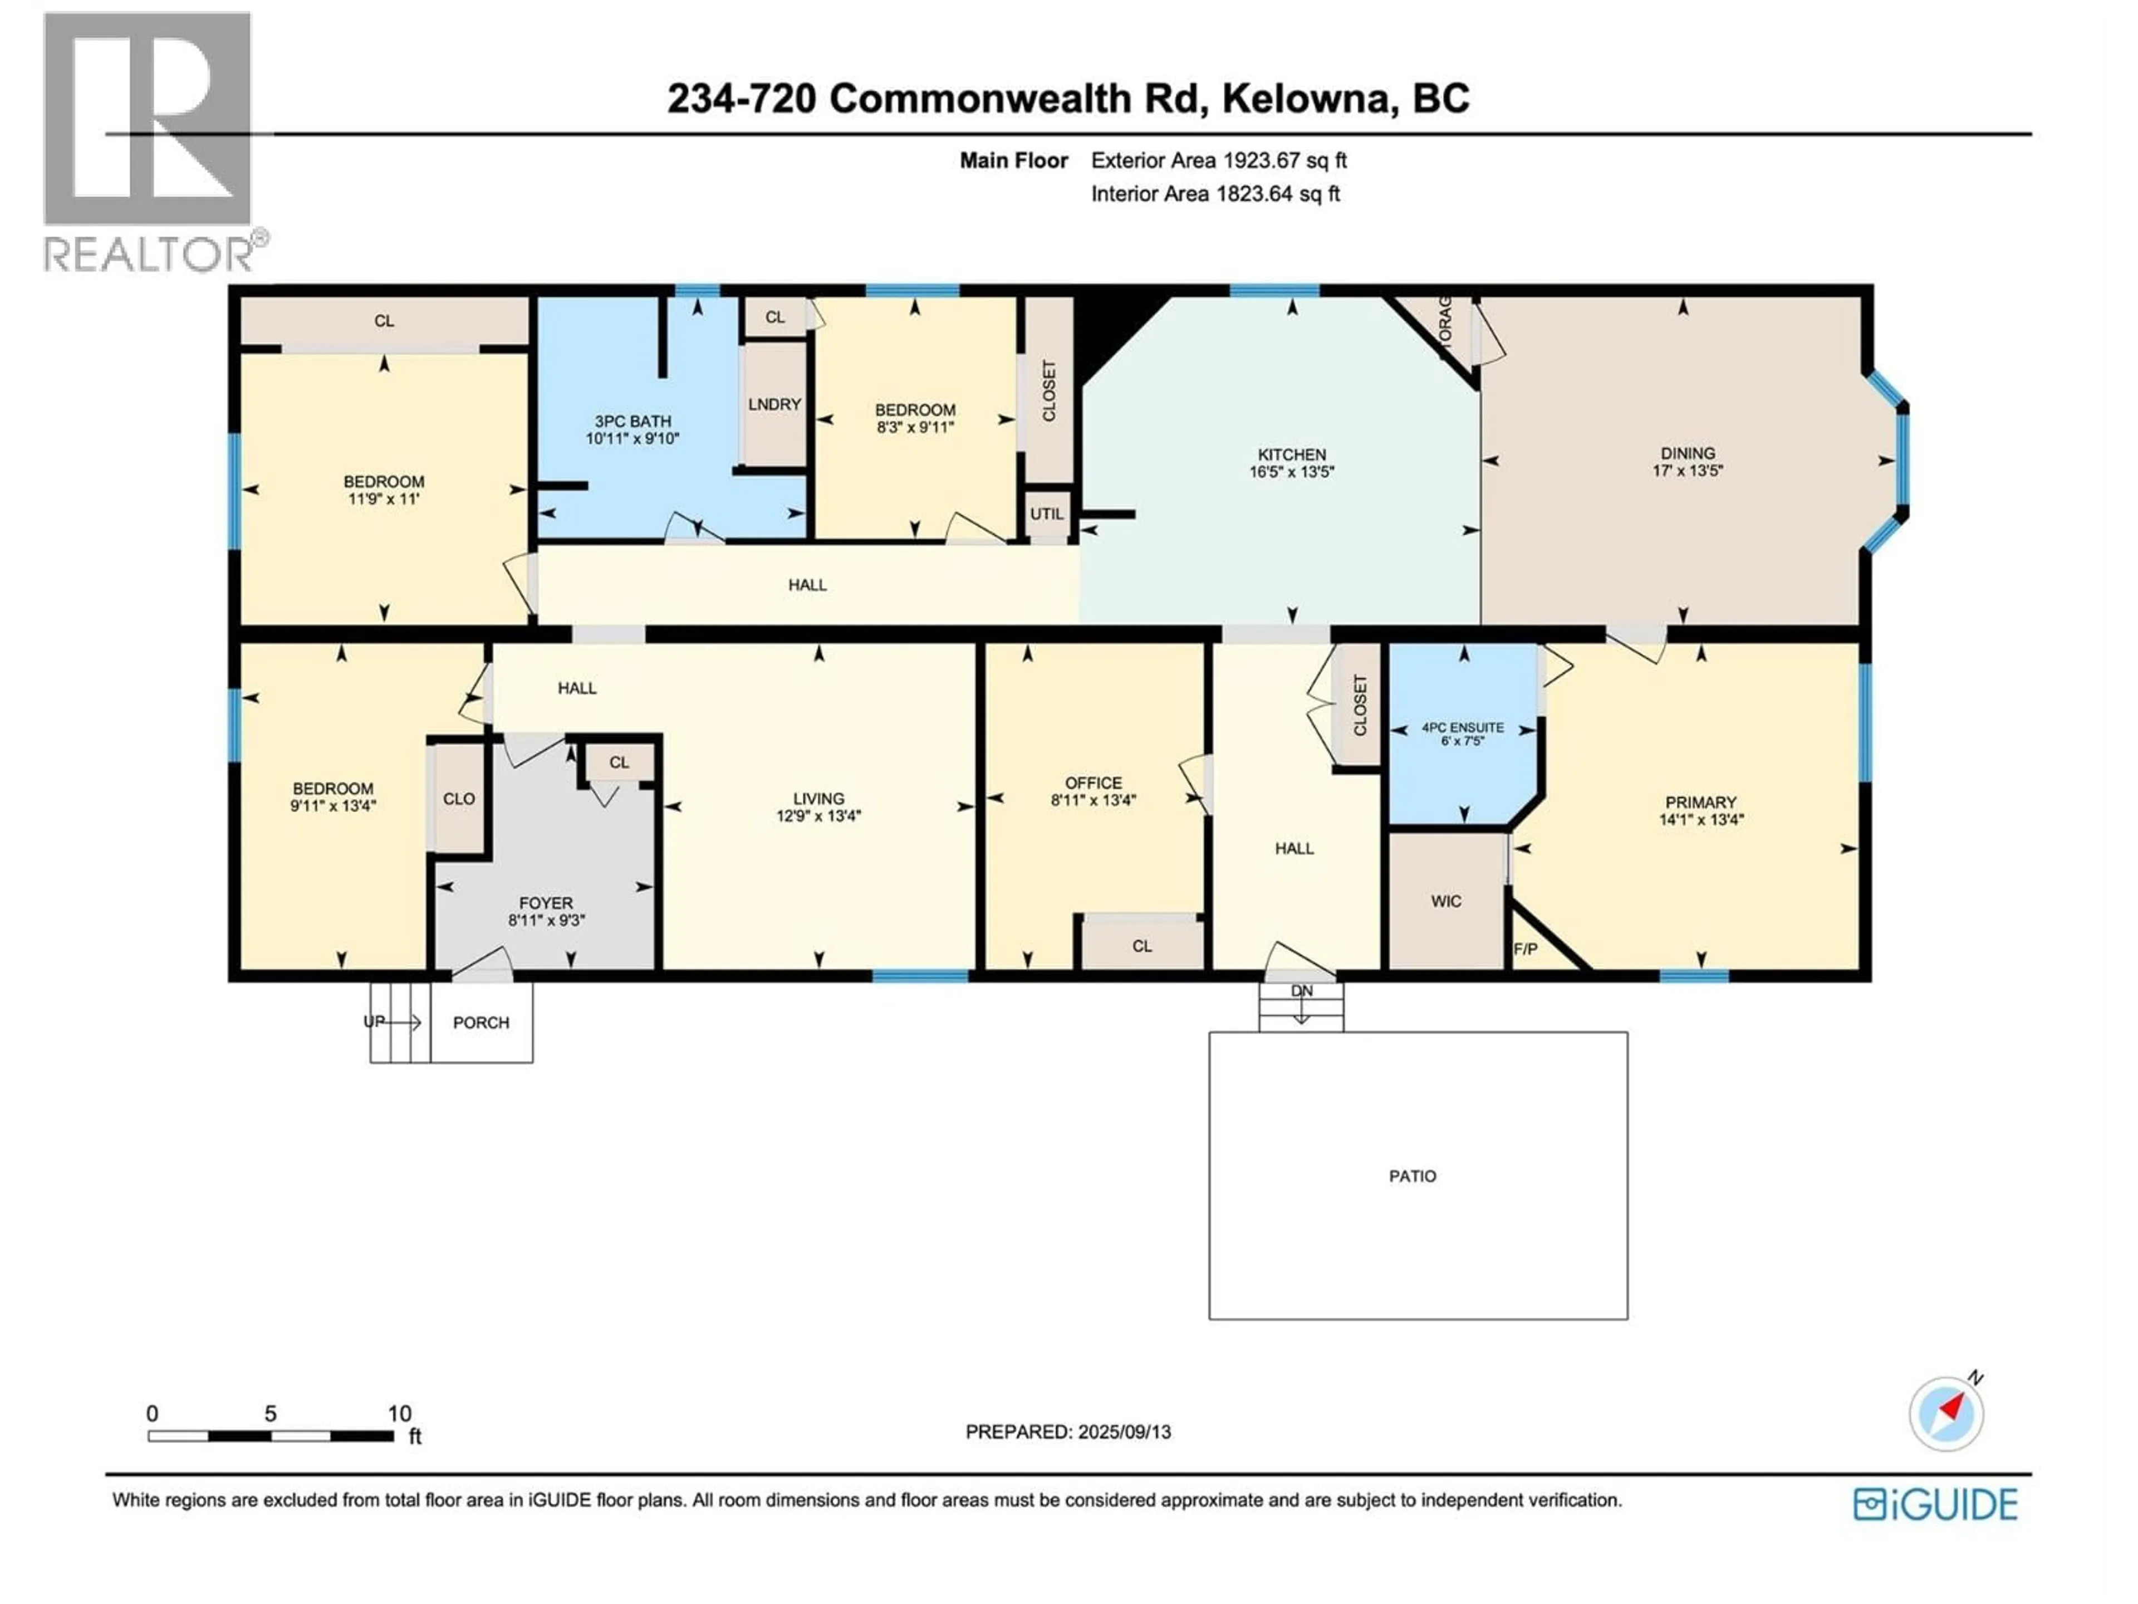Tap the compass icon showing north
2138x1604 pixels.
pyautogui.click(x=1946, y=1414)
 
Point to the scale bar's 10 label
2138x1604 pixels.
pyautogui.click(x=399, y=1414)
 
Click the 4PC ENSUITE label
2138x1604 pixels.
pyautogui.click(x=1463, y=727)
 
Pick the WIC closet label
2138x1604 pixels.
pyautogui.click(x=1446, y=901)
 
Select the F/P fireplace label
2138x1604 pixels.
pyautogui.click(x=1525, y=950)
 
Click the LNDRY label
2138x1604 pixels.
pyautogui.click(x=774, y=404)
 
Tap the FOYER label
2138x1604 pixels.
pyautogui.click(x=546, y=903)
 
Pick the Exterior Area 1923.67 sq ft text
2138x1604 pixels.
pyautogui.click(x=1219, y=160)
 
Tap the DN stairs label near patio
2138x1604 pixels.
pyautogui.click(x=1302, y=991)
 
